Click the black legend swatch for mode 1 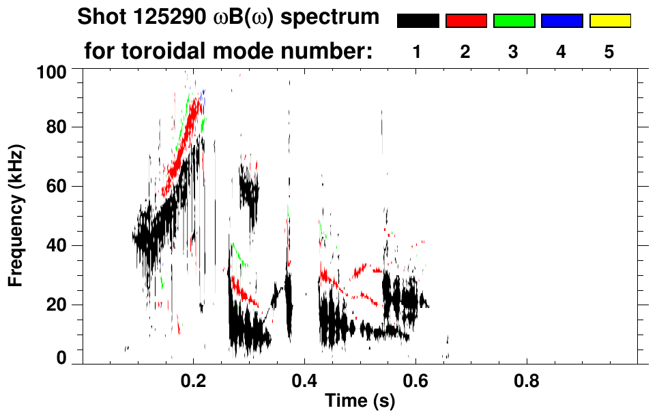(x=418, y=20)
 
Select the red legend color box (x=466, y=20)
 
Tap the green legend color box (x=514, y=20)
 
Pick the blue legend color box (x=561, y=20)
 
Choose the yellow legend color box (x=610, y=20)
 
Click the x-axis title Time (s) (x=360, y=401)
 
